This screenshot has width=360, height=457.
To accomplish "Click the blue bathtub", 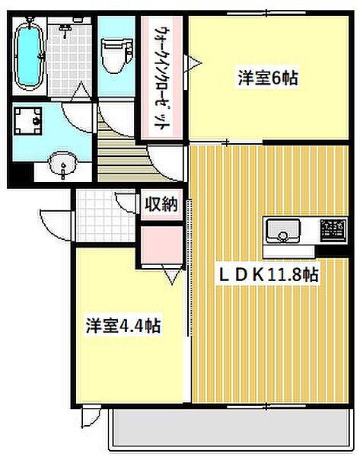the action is [29, 56].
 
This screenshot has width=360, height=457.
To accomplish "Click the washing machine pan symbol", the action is [27, 121].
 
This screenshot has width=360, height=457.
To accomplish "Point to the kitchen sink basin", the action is [282, 231].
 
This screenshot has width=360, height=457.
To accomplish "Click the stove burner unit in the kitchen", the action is [333, 230].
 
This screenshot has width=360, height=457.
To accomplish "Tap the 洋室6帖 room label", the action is [268, 78].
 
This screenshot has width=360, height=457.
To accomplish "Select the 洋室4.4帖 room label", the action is [123, 325].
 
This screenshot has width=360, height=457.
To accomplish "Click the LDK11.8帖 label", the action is [268, 275].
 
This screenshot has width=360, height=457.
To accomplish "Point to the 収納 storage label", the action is [161, 203].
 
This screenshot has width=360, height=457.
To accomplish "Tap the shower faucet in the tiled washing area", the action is [65, 30].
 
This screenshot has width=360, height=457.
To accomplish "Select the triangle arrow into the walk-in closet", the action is [193, 63].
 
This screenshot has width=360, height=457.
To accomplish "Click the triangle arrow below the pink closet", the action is [172, 276].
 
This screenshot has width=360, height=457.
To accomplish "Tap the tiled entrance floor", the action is [106, 216].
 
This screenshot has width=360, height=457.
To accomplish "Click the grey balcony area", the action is [231, 427].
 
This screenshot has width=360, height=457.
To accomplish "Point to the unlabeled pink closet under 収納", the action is [161, 245].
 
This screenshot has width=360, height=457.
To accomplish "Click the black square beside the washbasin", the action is [23, 173].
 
